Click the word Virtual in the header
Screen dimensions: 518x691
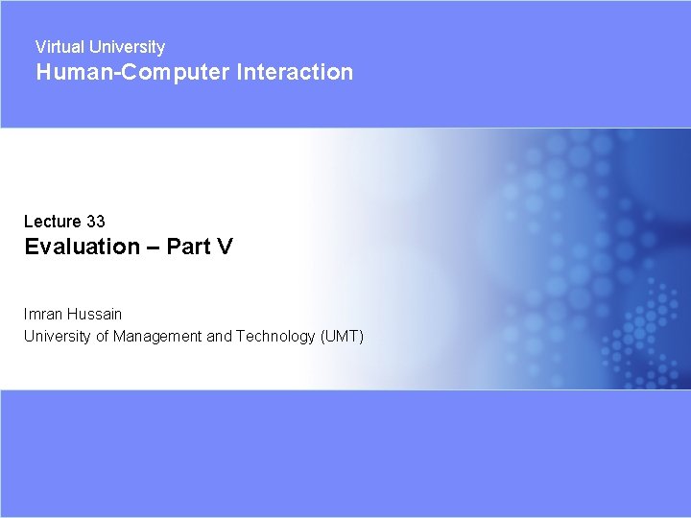tap(59, 47)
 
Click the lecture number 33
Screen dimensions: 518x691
tap(95, 222)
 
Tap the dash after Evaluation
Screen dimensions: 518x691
tap(154, 247)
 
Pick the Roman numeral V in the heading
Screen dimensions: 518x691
tap(225, 247)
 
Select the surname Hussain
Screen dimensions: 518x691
tap(96, 314)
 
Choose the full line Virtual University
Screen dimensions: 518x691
tap(100, 47)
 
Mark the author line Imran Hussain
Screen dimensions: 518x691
tap(73, 314)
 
